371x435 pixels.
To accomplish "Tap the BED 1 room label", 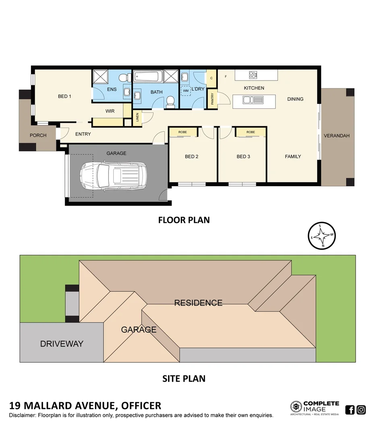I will [x=64, y=96].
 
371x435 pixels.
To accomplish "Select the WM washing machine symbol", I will [x=186, y=91].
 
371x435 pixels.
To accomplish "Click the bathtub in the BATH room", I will [x=148, y=76].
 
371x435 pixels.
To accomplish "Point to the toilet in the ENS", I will [x=126, y=77].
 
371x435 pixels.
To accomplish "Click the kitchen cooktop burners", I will [x=253, y=75].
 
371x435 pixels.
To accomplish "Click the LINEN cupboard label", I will [x=137, y=117].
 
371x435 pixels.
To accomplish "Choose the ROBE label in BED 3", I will [x=251, y=132].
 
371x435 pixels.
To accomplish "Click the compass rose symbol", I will [x=322, y=236].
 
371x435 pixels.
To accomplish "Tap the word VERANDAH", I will [x=336, y=136].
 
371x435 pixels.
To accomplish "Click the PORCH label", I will [x=38, y=135].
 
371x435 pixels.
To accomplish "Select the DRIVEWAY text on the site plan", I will [x=62, y=344].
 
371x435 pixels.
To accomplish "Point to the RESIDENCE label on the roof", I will [x=198, y=302].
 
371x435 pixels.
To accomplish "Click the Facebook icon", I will [x=350, y=410].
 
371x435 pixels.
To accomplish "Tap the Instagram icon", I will [x=361, y=410].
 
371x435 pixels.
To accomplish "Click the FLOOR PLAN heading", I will [x=184, y=220].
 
